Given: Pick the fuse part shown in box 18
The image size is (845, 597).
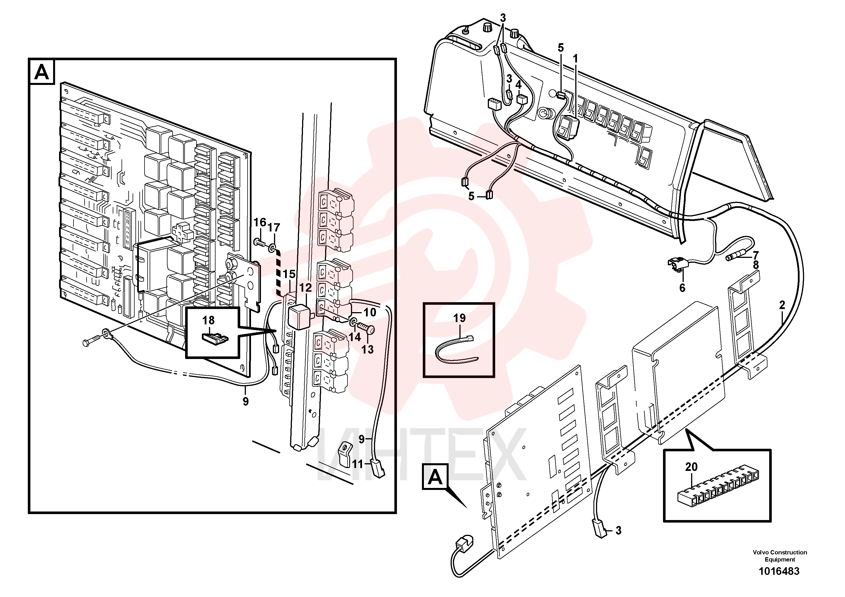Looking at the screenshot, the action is pos(215,336).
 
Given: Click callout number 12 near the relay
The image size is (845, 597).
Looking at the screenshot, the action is pos(305,287).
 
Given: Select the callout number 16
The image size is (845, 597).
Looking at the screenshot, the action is pos(260,222).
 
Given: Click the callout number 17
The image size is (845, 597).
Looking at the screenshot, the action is pos(274,228).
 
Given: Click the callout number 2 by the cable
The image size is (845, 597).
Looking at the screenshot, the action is pos(782,305).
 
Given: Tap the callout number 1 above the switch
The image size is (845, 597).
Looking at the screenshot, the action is pos(575,59).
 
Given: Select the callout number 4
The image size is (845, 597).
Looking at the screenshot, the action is pos(518,85).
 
